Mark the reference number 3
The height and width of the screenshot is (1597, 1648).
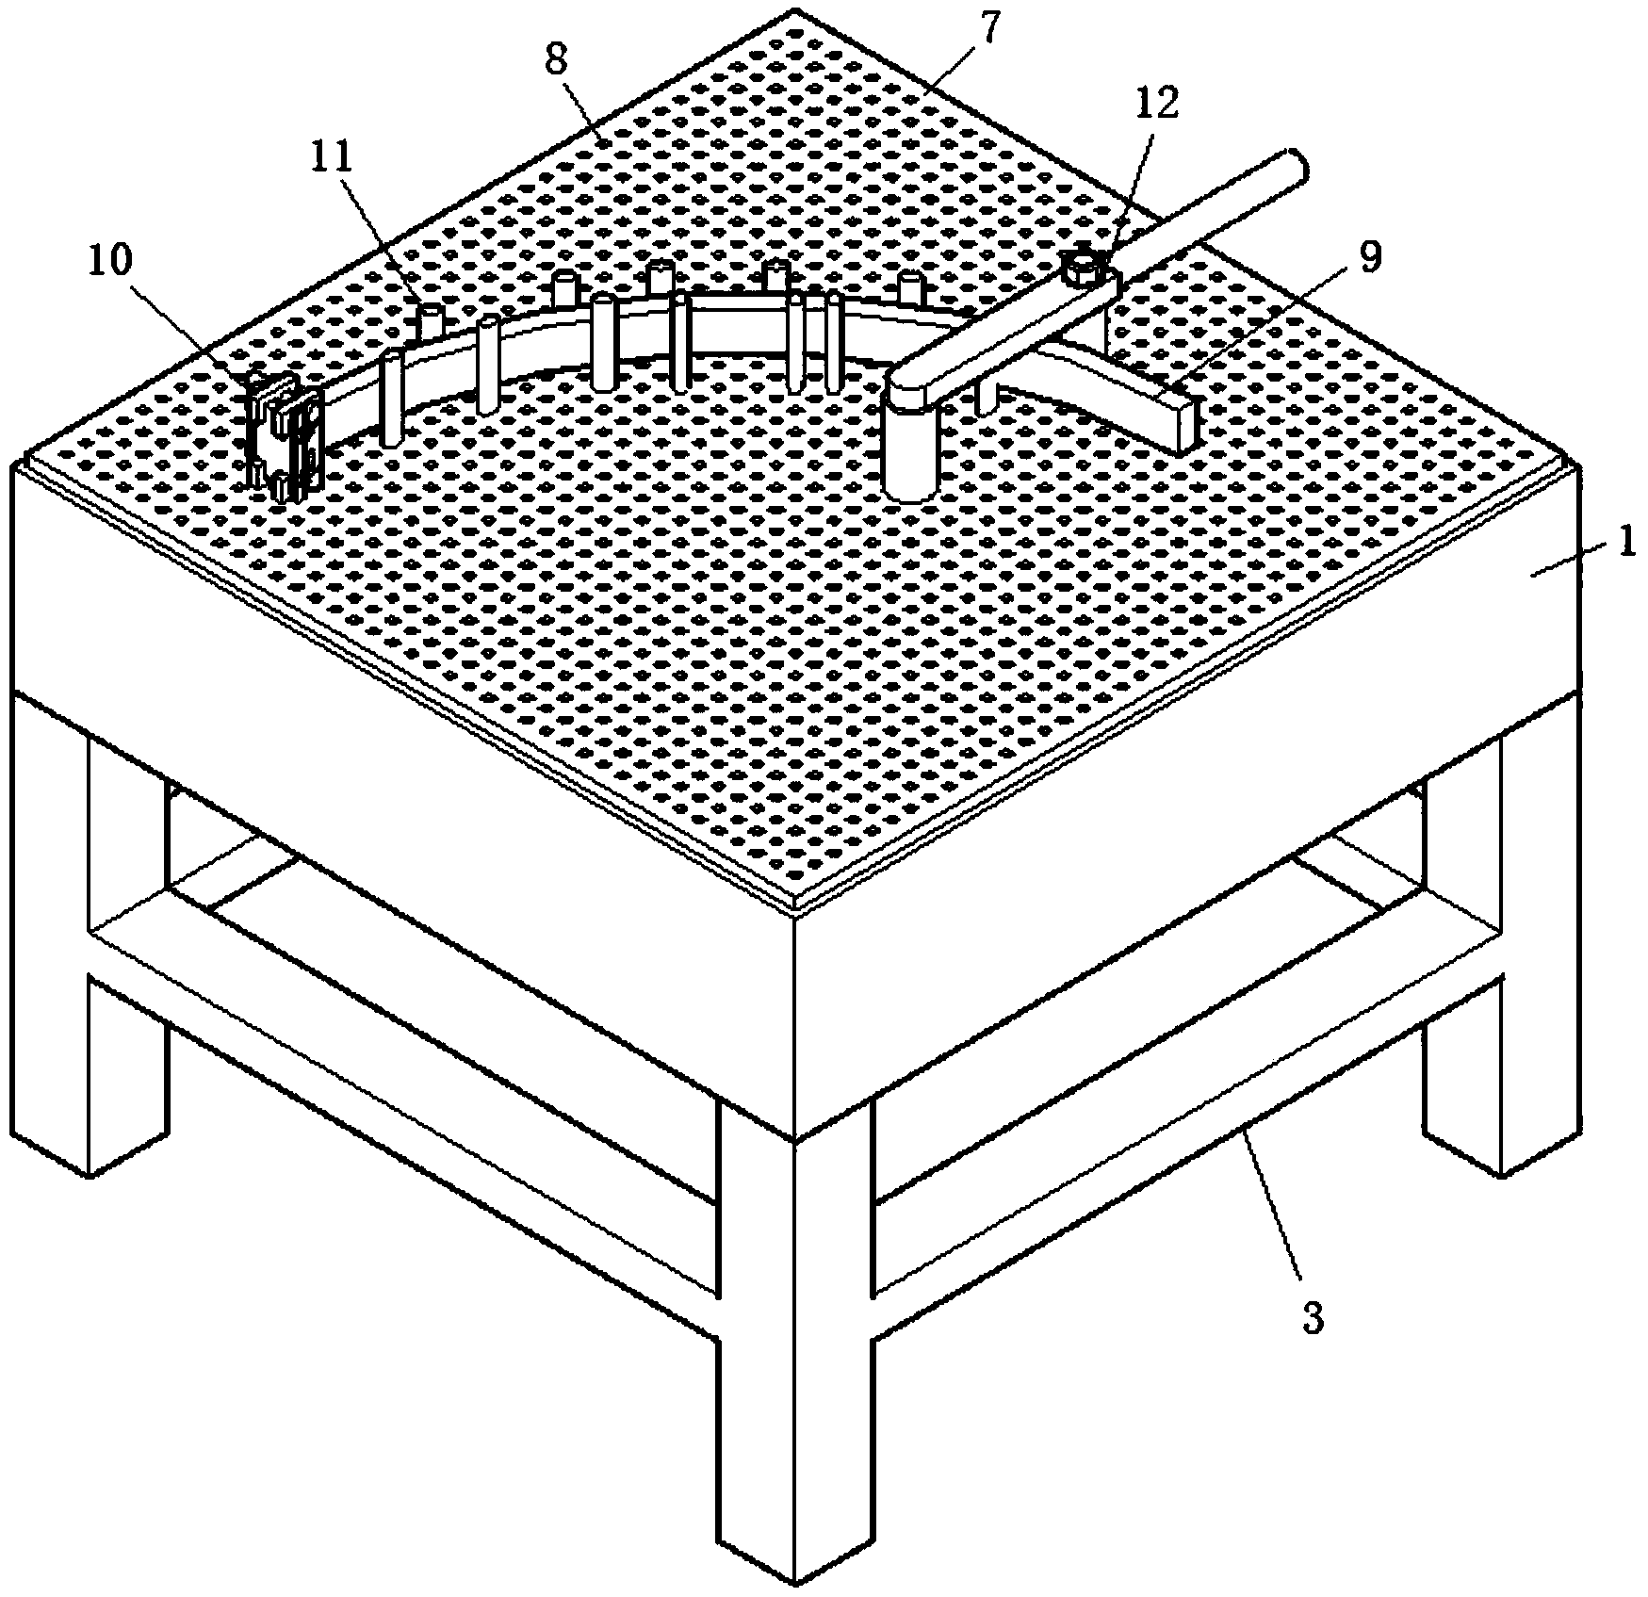click(1313, 1319)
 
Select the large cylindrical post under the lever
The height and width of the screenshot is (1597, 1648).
click(911, 452)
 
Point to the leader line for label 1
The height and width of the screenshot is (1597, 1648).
click(1569, 558)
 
